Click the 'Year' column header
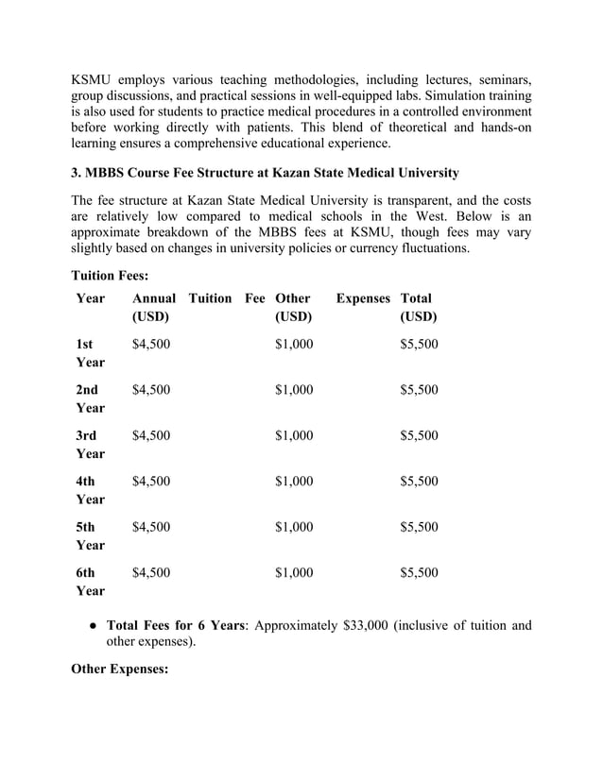(x=91, y=298)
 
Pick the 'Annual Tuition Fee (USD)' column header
(x=198, y=307)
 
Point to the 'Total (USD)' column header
(x=418, y=307)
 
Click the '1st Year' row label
(x=91, y=353)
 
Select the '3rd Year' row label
(x=91, y=444)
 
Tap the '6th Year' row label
(x=91, y=581)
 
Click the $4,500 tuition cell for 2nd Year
(x=151, y=390)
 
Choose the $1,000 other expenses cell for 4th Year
(x=293, y=481)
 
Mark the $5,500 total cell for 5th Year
(x=419, y=527)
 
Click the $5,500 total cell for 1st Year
(x=419, y=345)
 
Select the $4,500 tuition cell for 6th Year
(x=151, y=572)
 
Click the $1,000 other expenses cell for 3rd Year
(x=293, y=435)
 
